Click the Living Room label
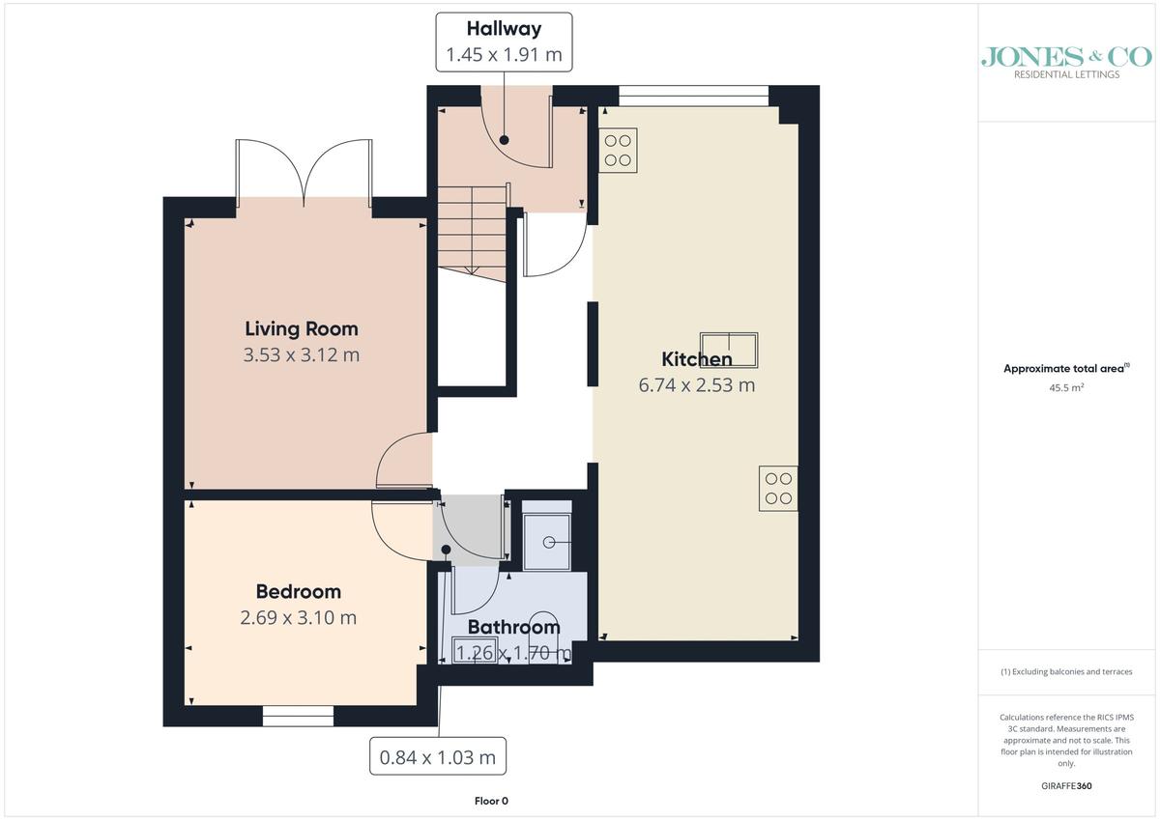tap(302, 329)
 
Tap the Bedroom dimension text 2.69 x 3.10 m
tap(299, 618)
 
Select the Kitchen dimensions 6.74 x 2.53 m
tap(697, 385)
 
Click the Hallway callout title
tap(504, 29)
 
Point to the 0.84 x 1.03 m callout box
tap(438, 756)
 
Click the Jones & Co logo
tap(1066, 62)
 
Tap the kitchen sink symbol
tap(729, 351)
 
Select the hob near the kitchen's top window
tap(618, 151)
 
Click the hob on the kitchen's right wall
tap(778, 489)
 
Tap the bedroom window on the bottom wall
tap(298, 716)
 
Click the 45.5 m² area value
tap(1066, 387)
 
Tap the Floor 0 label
tap(491, 801)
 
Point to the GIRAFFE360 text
tap(1066, 786)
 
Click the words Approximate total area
tap(1063, 368)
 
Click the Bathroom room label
tap(513, 627)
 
